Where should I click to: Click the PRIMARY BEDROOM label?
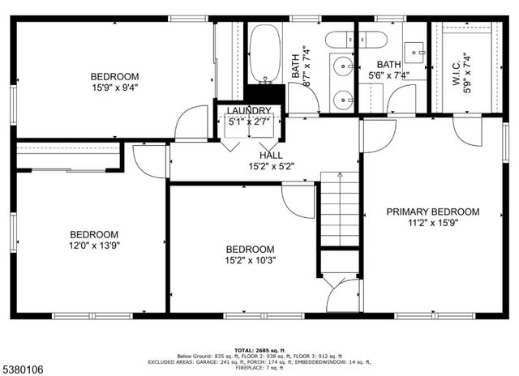[432, 211]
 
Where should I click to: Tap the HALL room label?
[271, 155]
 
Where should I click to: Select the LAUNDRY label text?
[249, 111]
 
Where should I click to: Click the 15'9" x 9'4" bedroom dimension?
[114, 89]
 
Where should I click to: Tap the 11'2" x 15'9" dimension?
[432, 223]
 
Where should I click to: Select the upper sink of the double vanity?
[344, 64]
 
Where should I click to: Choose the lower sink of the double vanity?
[344, 100]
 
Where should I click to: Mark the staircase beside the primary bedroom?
[339, 211]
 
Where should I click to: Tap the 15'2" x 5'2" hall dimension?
[271, 166]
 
